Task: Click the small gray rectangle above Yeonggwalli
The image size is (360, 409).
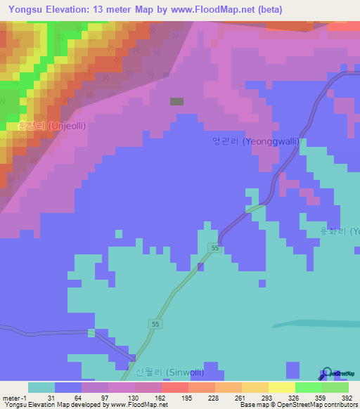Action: [x=176, y=101]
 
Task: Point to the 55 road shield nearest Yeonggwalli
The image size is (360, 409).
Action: [x=215, y=249]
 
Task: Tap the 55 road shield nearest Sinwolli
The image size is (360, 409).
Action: [x=155, y=323]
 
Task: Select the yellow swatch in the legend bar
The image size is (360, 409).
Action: [x=281, y=387]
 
